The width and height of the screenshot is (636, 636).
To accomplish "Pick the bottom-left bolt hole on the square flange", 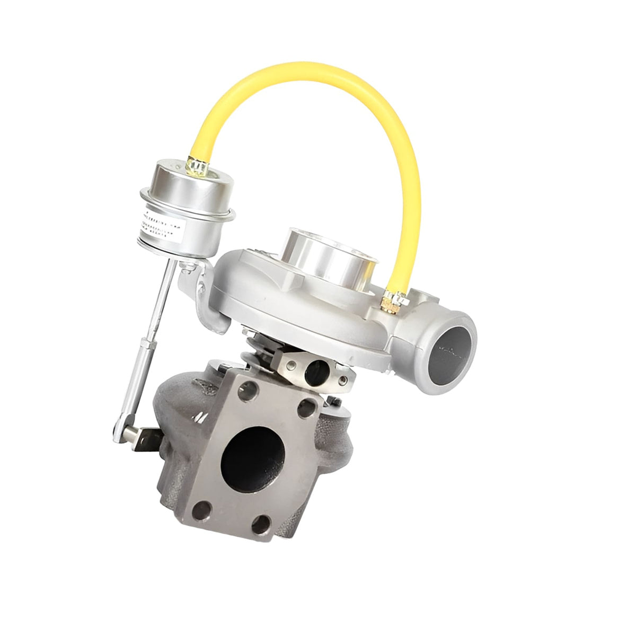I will (200, 513).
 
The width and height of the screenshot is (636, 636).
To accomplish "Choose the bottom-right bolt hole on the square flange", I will (260, 526).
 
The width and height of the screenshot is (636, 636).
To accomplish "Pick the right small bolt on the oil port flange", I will (346, 378).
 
